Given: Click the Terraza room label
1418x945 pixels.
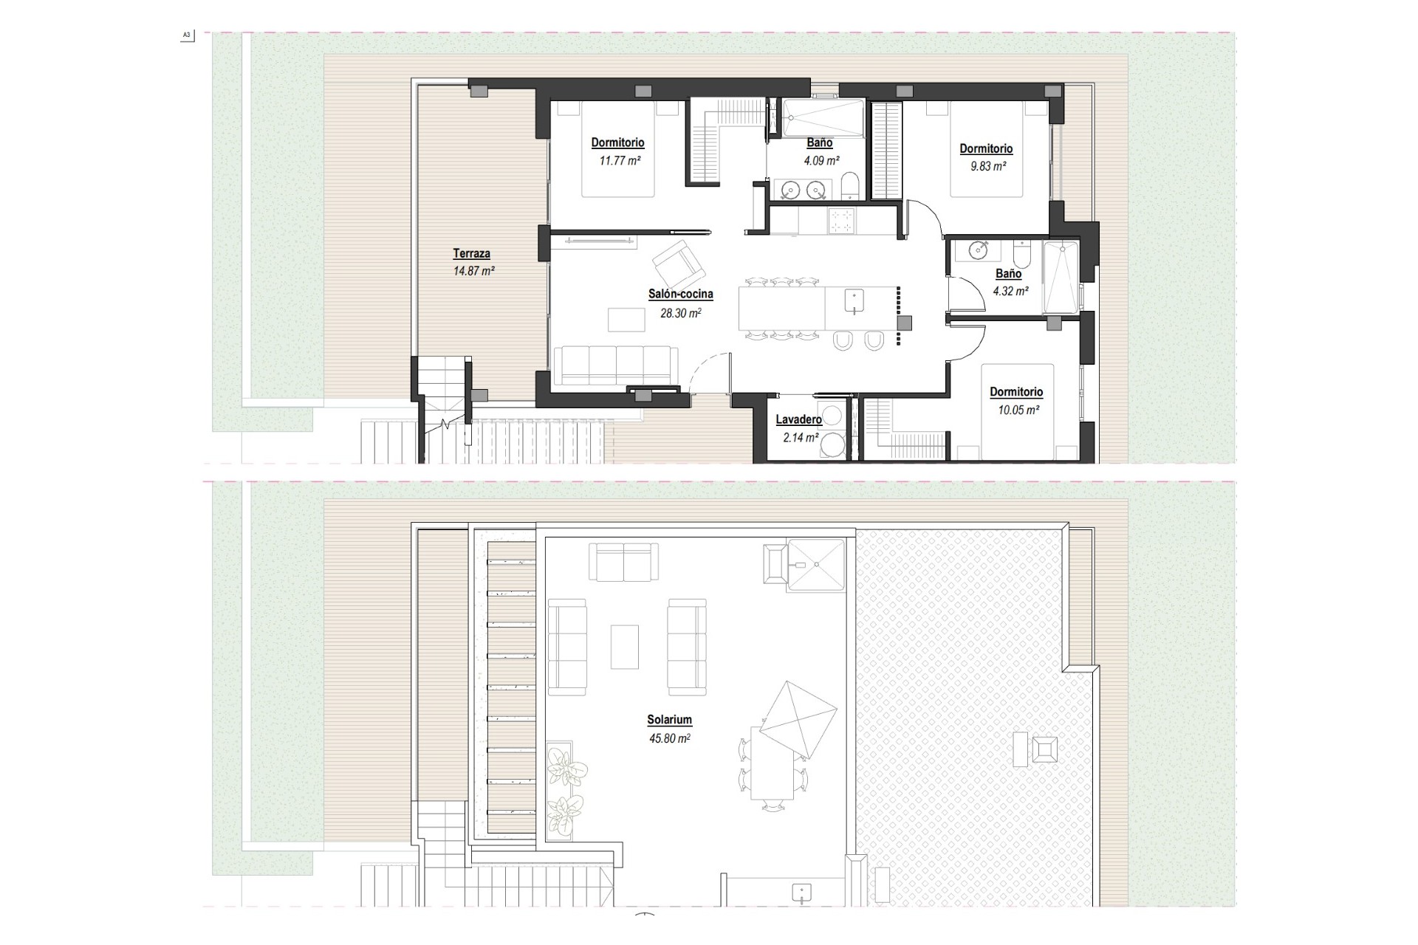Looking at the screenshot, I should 471,254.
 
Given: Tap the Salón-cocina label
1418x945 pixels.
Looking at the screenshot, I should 680,294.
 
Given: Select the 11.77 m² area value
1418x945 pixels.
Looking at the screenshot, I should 619,160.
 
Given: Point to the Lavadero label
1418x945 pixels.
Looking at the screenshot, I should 798,419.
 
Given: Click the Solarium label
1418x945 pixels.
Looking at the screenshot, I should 669,720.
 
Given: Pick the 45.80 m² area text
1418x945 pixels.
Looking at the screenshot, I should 669,738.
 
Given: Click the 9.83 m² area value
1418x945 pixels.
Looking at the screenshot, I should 987,166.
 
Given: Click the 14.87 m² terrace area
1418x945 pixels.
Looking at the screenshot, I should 473,271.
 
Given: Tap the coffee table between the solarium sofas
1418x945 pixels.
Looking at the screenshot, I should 624,647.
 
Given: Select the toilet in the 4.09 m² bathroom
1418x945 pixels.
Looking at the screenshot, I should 850,187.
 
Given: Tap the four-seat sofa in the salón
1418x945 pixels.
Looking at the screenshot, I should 615,365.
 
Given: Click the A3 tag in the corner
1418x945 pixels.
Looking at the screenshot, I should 186,35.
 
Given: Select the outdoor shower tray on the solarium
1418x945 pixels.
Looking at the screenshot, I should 816,564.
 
